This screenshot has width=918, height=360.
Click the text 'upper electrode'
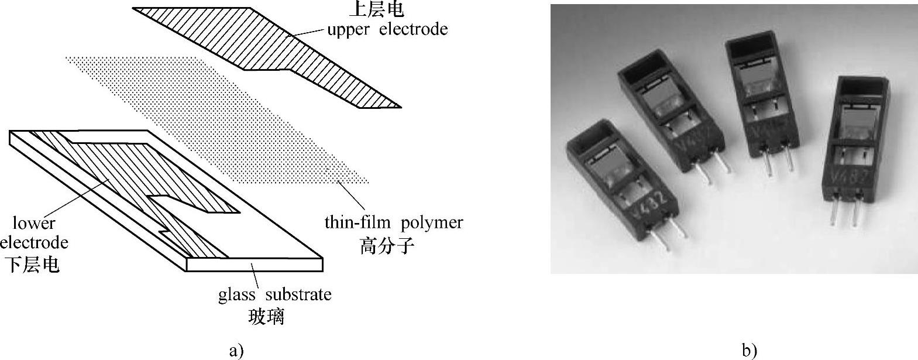[387, 29]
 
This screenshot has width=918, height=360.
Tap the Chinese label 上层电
[384, 9]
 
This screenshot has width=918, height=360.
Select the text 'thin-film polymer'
[394, 222]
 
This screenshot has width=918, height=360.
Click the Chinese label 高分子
[387, 245]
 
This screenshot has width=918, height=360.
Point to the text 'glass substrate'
[275, 294]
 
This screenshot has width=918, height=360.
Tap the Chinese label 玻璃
[266, 317]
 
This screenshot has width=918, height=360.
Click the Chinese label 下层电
[33, 265]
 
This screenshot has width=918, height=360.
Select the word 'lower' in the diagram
[34, 223]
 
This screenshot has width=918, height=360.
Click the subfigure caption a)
[236, 350]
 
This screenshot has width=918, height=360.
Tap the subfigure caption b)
[749, 350]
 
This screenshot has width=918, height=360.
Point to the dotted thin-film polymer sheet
[222, 117]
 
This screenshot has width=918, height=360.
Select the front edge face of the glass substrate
[255, 265]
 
